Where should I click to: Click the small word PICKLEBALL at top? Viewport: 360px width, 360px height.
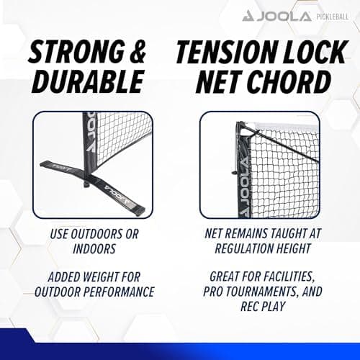pos(333,17)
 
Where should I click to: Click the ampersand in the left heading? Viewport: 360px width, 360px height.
pos(138,52)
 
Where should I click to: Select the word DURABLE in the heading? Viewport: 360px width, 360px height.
pos(88,81)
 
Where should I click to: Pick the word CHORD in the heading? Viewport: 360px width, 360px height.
pos(289,81)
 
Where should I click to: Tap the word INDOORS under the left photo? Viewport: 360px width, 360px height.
pos(94,248)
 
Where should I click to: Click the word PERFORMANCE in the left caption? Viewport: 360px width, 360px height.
pos(119,292)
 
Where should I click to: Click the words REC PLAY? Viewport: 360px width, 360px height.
pos(263,306)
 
